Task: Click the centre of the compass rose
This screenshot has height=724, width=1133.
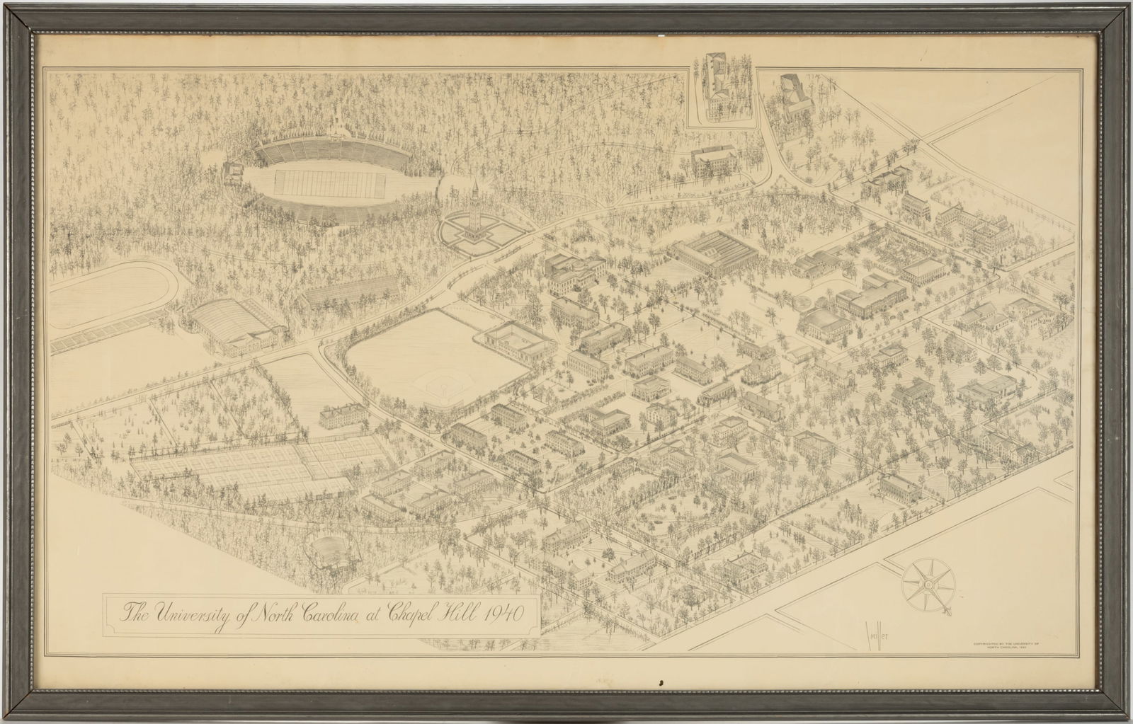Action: (x=927, y=585)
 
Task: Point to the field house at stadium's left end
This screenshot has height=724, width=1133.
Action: (x=233, y=171)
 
